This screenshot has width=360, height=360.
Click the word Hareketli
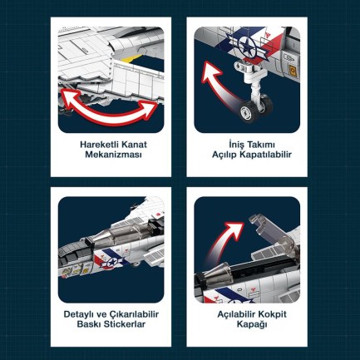96,144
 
